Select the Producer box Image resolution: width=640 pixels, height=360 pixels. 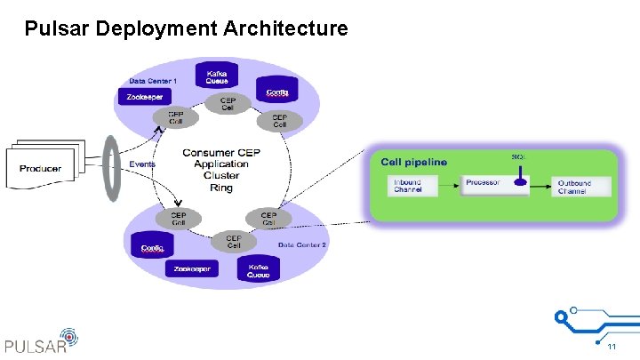coord(41,168)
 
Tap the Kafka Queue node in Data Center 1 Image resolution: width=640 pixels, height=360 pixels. coord(217,77)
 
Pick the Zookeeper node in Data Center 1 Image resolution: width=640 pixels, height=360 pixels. coord(143,98)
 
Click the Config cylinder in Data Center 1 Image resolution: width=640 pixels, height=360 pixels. coord(276,92)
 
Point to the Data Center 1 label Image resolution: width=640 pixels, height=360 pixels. coord(153,81)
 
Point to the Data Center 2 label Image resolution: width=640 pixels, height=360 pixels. coord(302,244)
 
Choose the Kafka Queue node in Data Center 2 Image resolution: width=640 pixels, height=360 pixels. coord(259,270)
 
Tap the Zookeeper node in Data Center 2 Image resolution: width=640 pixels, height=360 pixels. coord(193,268)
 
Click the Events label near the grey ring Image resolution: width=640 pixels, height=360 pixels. coord(142,164)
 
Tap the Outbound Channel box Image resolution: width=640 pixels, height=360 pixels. coord(573,187)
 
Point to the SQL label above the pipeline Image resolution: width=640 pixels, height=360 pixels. coord(518,157)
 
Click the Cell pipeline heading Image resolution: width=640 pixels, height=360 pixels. coord(414,162)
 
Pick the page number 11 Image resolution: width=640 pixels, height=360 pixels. coord(612,346)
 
